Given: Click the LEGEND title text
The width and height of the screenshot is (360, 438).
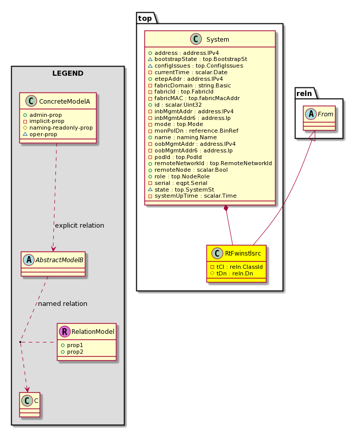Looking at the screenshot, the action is click(68, 73).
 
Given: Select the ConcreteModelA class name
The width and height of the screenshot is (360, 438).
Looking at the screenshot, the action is click(65, 102).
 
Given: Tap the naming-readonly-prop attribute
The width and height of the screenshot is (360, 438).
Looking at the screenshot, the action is click(61, 128).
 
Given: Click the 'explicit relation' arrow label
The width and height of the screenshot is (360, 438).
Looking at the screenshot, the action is click(80, 226).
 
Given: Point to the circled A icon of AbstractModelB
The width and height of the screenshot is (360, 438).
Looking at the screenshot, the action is click(28, 260).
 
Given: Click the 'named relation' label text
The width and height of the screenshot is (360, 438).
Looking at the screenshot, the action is click(63, 304).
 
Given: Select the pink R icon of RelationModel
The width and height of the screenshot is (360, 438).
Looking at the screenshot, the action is click(65, 332).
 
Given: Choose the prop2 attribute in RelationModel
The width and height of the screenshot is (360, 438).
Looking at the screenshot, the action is click(75, 352).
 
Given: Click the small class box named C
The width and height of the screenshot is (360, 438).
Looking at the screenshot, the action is click(30, 405).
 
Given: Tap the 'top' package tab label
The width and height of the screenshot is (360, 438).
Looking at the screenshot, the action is click(145, 18).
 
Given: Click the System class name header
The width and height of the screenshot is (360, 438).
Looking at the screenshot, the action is click(218, 40).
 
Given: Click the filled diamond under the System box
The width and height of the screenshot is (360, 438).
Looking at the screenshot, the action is click(226, 209).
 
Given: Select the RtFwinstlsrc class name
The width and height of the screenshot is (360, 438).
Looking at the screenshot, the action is click(243, 254).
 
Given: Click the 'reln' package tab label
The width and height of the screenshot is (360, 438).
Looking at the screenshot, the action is click(304, 93).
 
